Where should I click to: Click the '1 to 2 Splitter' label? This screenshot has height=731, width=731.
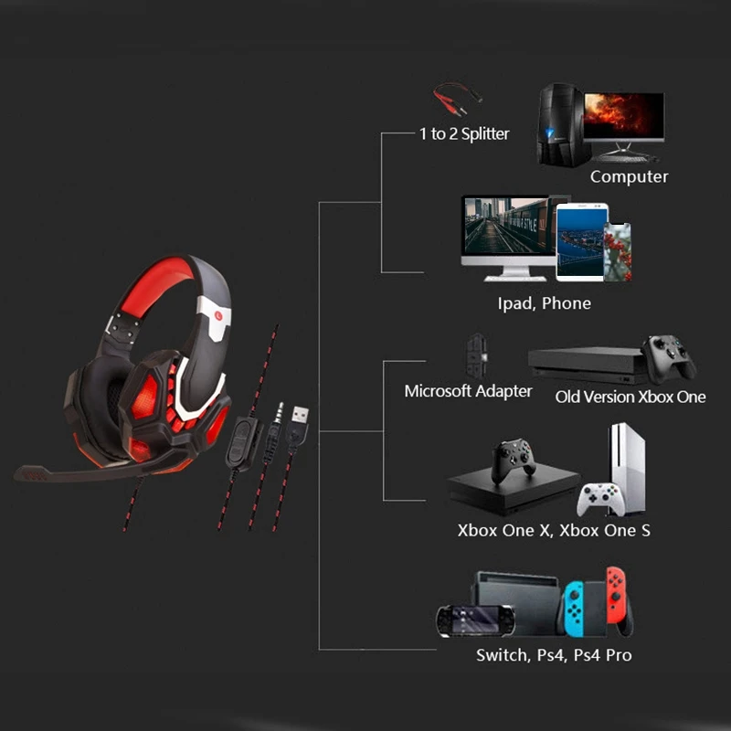point(464,134)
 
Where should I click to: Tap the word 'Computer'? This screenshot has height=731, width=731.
point(629,176)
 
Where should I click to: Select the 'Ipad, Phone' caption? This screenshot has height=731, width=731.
point(544,302)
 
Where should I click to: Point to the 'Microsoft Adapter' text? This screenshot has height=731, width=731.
point(468,391)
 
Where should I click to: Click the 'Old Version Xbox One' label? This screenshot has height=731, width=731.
point(630,397)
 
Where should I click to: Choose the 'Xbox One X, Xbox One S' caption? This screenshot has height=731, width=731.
point(554,530)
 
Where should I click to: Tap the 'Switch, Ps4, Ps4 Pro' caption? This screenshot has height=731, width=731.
point(554,655)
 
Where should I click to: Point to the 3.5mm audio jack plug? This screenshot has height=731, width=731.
point(274,416)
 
